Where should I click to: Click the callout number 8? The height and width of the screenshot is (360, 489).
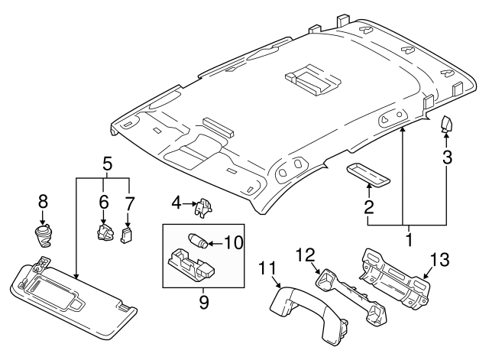[x=43, y=201]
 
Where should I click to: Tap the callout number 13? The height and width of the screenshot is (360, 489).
[x=440, y=260]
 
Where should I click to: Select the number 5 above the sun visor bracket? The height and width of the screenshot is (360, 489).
[x=107, y=164]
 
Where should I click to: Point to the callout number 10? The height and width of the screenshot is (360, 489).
[x=234, y=242]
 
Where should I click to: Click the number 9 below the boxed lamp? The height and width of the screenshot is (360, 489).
[x=204, y=302]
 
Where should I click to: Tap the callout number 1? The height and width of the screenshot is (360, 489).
[x=408, y=240]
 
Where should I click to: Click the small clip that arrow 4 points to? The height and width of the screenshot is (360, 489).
[x=203, y=207]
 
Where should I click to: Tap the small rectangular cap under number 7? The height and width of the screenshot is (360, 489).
[x=126, y=235]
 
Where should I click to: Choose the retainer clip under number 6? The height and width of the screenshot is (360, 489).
[x=105, y=232]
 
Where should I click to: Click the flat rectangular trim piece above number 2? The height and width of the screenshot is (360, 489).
[x=368, y=175]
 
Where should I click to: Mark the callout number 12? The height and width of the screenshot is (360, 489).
[x=306, y=255]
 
